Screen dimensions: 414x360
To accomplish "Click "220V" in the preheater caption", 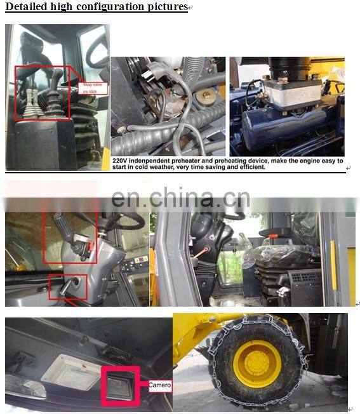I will pyautogui.click(x=121, y=161).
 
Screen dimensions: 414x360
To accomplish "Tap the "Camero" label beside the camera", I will pyautogui.click(x=160, y=385).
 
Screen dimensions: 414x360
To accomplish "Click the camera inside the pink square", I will pyautogui.click(x=119, y=384).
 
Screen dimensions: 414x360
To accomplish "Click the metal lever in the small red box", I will pyautogui.click(x=69, y=286).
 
